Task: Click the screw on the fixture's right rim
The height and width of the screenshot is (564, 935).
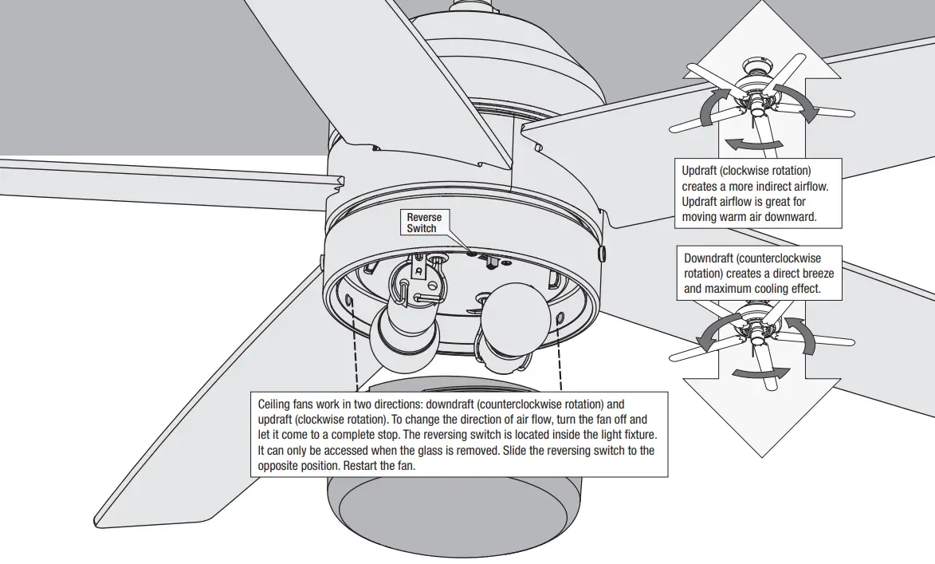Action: tap(600, 251)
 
